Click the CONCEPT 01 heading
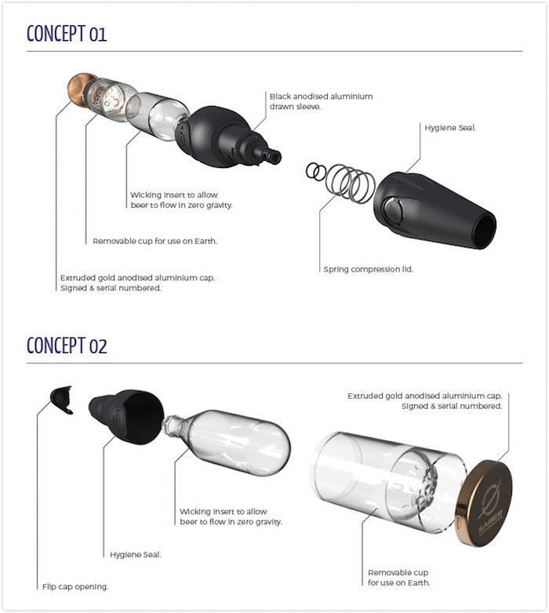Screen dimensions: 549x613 click(x=67, y=34)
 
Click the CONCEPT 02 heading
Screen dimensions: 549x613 click(x=67, y=345)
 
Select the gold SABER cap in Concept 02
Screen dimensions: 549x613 click(x=484, y=504)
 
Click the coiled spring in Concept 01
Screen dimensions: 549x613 click(x=350, y=183)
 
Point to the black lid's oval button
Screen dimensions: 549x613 click(x=392, y=210)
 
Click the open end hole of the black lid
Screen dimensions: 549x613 click(x=485, y=230)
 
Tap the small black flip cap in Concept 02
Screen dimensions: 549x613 click(x=62, y=400)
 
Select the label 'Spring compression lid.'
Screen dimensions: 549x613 click(x=368, y=269)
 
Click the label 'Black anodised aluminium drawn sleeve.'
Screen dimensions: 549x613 click(x=321, y=101)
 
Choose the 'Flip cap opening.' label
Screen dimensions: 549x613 click(x=75, y=587)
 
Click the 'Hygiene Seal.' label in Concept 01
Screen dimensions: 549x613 click(x=450, y=128)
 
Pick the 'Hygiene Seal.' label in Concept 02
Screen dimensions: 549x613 click(x=135, y=555)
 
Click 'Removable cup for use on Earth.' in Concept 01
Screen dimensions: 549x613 click(x=155, y=241)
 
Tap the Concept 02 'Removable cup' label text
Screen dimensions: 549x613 click(x=398, y=578)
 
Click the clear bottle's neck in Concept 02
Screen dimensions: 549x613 click(x=173, y=425)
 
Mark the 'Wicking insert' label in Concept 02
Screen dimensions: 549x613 click(x=231, y=516)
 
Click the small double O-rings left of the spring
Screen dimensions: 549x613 click(x=316, y=172)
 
